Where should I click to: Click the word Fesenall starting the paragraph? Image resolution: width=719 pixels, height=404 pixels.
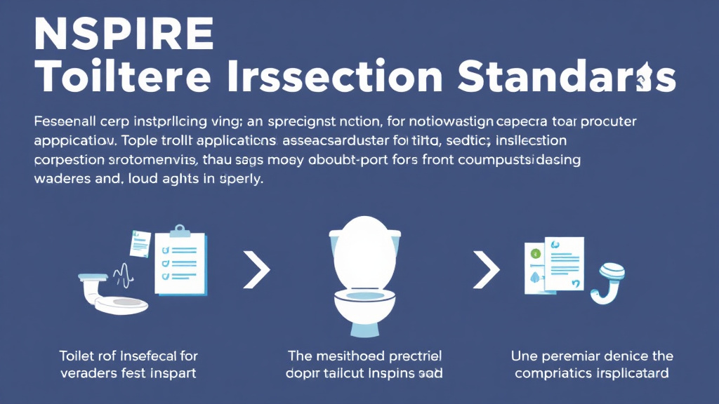[62, 121]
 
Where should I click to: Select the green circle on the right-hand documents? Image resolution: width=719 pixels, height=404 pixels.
[534, 252]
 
